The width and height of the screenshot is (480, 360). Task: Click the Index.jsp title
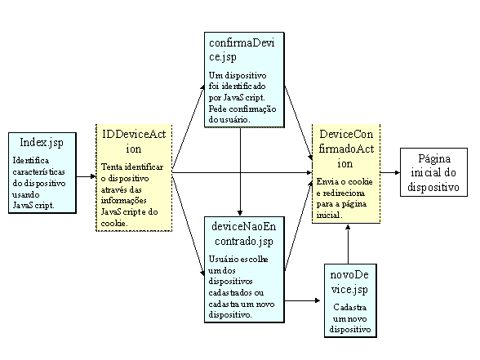(x=42, y=143)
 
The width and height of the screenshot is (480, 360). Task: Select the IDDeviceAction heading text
(x=134, y=141)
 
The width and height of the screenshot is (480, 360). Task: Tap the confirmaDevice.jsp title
(x=242, y=50)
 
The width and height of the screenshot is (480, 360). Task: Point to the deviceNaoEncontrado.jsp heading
(x=244, y=234)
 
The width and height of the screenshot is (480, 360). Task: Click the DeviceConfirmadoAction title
(x=346, y=149)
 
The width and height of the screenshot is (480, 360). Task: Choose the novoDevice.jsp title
(x=349, y=282)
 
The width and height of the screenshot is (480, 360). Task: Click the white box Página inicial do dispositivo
(x=433, y=172)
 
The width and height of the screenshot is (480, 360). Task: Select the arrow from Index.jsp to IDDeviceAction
(x=86, y=176)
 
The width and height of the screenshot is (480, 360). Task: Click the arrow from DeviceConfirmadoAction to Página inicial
(x=390, y=173)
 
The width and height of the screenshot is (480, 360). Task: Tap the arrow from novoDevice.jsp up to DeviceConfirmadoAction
(x=348, y=244)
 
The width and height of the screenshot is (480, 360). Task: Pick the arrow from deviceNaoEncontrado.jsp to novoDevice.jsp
(x=302, y=301)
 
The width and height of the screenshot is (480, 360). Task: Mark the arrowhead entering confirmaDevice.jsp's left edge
(x=202, y=87)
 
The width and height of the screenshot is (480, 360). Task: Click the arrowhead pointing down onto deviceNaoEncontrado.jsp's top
(x=240, y=213)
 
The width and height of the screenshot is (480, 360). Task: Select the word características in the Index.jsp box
(x=38, y=171)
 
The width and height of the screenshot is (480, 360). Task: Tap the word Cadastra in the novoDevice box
(x=350, y=307)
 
